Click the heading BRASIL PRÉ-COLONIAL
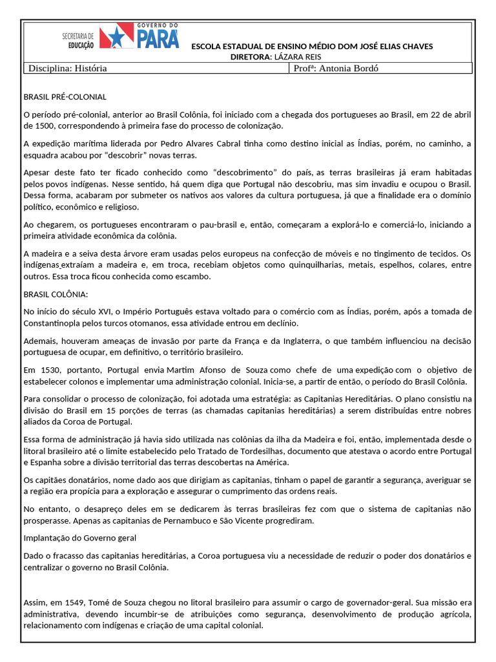pos(65,97)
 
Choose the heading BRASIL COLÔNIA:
pos(55,294)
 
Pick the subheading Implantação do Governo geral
pos(79,538)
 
